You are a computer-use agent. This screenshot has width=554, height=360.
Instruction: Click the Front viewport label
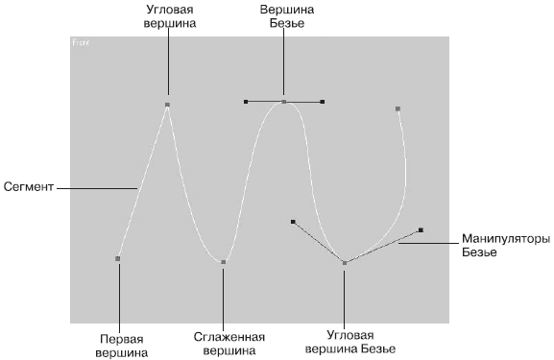[x=81, y=43]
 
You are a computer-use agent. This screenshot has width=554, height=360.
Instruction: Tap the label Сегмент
[x=29, y=187]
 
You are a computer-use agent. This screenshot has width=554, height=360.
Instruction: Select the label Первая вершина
[x=122, y=346]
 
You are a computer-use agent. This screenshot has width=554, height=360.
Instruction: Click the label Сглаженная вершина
[x=229, y=344]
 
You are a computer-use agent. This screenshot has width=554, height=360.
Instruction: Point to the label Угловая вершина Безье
[x=350, y=342]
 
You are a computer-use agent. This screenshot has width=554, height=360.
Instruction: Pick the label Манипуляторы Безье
[x=506, y=246]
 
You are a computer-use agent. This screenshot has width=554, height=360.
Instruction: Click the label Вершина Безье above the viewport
[x=287, y=16]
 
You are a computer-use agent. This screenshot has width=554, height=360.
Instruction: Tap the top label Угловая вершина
[x=170, y=16]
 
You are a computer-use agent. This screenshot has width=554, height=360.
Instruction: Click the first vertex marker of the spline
[x=118, y=258]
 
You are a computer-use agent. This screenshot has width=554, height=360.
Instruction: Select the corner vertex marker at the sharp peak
[x=167, y=105]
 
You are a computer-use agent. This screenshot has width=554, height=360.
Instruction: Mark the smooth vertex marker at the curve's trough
[x=224, y=262]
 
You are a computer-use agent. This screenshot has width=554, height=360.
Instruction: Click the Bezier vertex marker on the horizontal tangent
[x=283, y=102]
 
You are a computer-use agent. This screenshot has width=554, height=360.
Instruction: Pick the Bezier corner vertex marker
[x=345, y=263]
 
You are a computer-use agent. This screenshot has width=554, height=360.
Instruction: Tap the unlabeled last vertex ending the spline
[x=397, y=108]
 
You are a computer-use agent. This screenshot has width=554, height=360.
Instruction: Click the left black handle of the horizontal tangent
[x=246, y=102]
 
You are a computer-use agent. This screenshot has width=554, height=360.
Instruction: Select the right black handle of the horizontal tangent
[x=323, y=102]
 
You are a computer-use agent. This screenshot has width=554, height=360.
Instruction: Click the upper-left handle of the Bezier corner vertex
[x=293, y=222]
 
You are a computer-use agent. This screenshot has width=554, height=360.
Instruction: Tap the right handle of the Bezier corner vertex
[x=421, y=230]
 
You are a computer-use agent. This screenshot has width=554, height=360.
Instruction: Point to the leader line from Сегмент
[x=97, y=188]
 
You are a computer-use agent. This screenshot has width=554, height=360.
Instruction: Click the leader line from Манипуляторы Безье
[x=428, y=244]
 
